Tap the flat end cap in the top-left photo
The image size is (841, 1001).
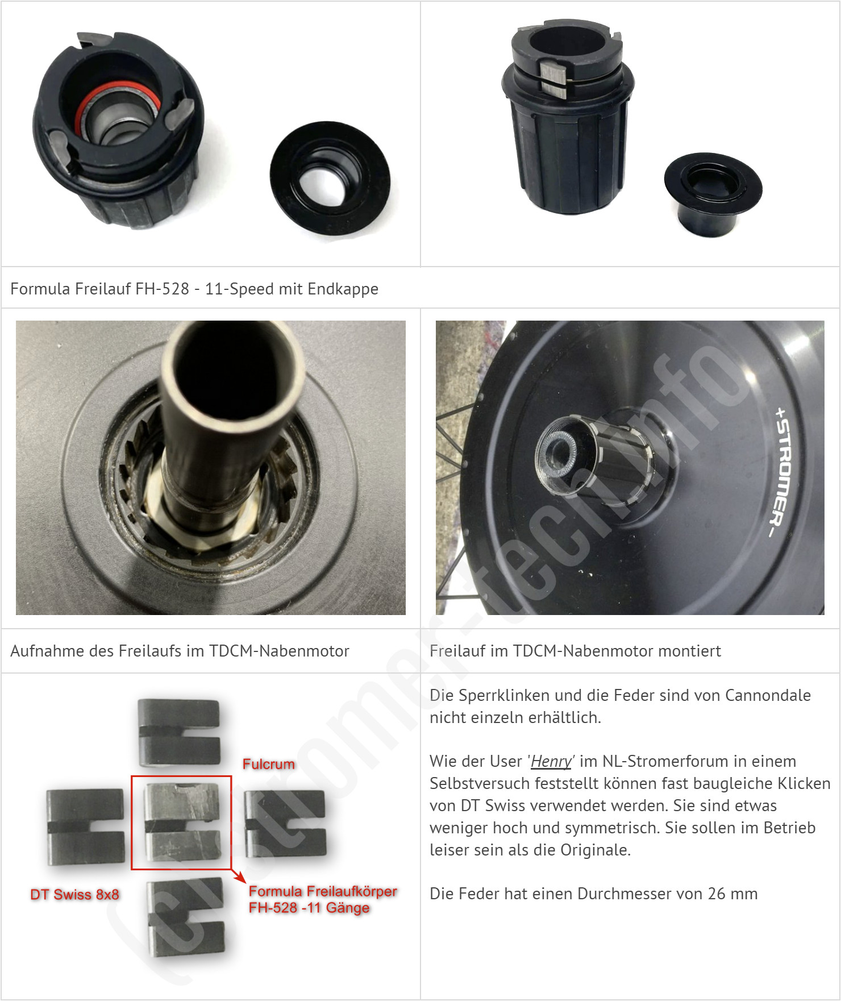(330, 180)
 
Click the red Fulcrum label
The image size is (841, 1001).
(269, 764)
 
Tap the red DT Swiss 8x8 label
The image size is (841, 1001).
(74, 894)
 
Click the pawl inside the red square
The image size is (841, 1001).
(181, 821)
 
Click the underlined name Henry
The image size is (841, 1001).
(551, 761)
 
